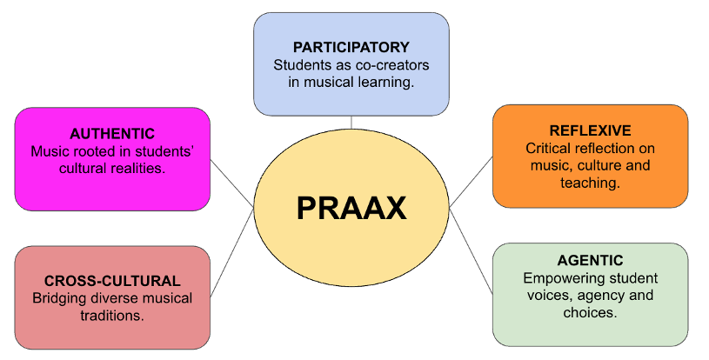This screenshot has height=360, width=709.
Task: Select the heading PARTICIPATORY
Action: click(x=351, y=47)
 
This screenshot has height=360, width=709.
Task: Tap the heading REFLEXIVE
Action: click(x=590, y=130)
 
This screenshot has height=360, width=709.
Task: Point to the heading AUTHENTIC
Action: click(x=112, y=134)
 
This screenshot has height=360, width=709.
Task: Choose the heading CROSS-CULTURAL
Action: click(x=112, y=281)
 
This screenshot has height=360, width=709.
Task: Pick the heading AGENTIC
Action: click(x=590, y=260)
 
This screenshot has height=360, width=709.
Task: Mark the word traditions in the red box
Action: click(x=112, y=316)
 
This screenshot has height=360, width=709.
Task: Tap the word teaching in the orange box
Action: click(x=590, y=183)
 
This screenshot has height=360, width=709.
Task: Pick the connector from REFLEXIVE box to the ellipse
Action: click(x=472, y=182)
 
